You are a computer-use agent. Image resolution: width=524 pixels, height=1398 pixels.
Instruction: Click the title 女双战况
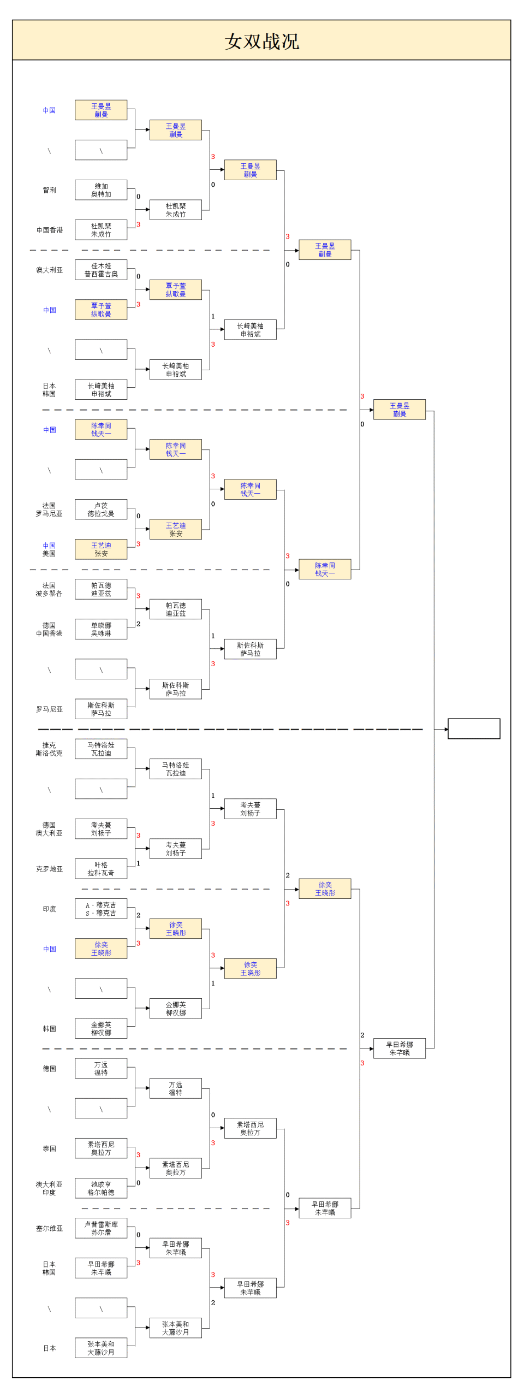[261, 41]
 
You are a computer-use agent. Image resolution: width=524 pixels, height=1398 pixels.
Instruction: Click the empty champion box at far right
[473, 728]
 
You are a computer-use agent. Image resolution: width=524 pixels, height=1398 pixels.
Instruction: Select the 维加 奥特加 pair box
[101, 190]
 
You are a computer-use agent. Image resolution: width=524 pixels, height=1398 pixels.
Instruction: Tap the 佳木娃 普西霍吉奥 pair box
[101, 270]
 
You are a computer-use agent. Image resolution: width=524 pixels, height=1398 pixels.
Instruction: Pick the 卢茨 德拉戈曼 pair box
[101, 510]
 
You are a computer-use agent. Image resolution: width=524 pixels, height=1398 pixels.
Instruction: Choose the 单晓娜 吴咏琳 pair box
[101, 629]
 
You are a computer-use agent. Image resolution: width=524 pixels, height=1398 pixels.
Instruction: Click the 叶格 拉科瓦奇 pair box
[101, 869]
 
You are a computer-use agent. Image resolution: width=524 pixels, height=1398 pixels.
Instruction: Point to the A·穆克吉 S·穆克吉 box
[101, 909]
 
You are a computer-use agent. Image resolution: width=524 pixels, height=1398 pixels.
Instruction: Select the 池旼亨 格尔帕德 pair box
[101, 1188]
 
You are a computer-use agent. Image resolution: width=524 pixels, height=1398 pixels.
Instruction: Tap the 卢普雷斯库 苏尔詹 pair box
[101, 1228]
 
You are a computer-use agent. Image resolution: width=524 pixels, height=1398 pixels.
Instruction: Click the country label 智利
[49, 190]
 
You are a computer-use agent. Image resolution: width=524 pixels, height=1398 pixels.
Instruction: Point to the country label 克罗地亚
[49, 869]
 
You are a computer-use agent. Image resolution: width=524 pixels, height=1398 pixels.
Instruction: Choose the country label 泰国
[49, 1148]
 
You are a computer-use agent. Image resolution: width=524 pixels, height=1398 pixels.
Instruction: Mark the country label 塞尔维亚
[49, 1228]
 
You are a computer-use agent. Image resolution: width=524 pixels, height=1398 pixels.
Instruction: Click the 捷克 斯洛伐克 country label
[49, 749]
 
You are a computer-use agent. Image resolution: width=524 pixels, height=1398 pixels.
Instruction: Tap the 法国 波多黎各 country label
[49, 589]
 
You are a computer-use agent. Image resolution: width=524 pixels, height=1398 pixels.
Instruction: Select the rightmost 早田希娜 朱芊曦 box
[399, 1048]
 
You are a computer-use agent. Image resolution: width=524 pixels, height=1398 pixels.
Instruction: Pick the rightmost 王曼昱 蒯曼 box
[399, 410]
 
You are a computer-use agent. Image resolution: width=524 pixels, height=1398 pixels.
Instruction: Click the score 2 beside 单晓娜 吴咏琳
[139, 624]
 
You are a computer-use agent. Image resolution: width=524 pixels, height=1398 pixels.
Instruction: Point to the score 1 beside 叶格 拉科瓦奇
[139, 863]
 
